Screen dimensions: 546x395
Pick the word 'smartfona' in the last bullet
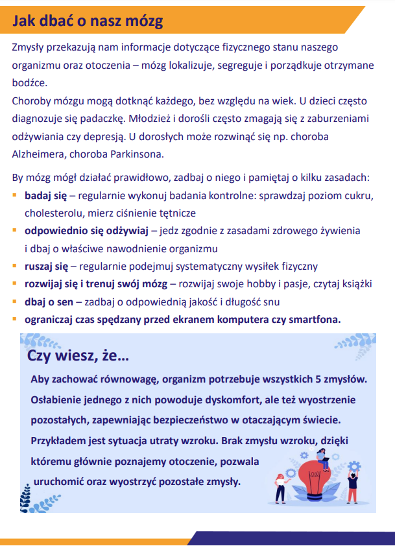pos(317,319)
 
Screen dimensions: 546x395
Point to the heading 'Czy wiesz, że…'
pos(78,357)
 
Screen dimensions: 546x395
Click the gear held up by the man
pos(354,465)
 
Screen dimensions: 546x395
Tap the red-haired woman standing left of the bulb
pos(281,486)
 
